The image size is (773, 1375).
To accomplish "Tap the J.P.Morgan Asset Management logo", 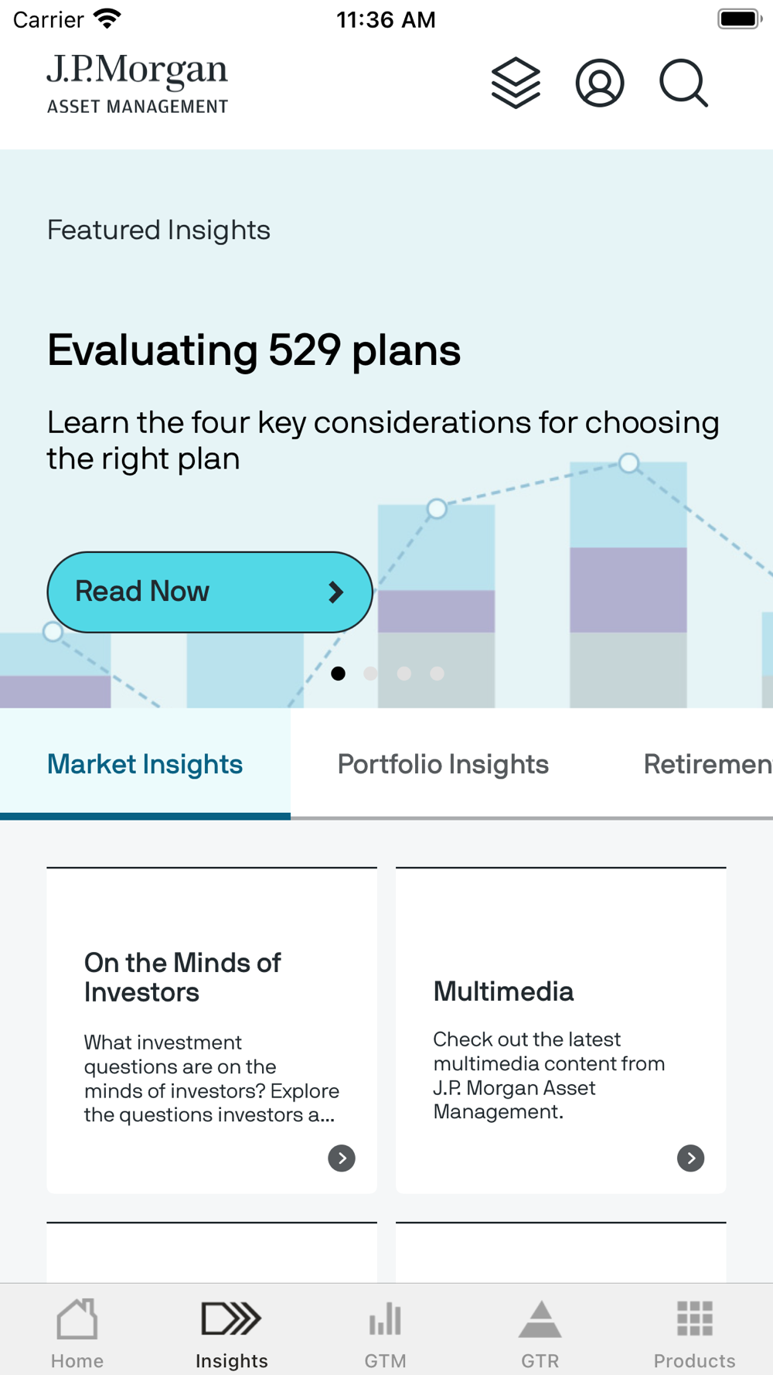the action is (x=138, y=84).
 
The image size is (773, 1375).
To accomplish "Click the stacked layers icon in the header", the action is (x=516, y=83).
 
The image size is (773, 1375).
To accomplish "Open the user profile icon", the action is (x=600, y=83).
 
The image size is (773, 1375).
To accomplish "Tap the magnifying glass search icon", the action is (x=684, y=83).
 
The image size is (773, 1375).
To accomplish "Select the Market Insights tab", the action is (x=145, y=764).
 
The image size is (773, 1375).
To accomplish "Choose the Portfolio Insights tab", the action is (x=443, y=764).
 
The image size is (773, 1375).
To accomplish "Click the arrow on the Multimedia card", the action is (x=691, y=1158).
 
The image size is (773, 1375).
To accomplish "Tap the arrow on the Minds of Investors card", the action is (x=342, y=1158).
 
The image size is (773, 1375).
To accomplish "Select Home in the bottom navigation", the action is (x=77, y=1333).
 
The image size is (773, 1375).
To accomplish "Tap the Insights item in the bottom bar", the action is (x=232, y=1333).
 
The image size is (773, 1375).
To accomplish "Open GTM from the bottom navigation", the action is (x=385, y=1333).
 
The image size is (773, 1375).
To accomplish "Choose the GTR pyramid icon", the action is (x=540, y=1319).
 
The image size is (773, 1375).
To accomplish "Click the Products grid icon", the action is (x=695, y=1319).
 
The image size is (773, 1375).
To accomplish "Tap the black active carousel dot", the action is (x=338, y=674).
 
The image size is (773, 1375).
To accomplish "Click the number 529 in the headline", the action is (x=305, y=350).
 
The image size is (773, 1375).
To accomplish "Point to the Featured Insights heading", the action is (x=158, y=230).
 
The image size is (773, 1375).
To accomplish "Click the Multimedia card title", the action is (x=503, y=991).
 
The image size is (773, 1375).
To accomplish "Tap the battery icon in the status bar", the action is (x=740, y=19).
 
